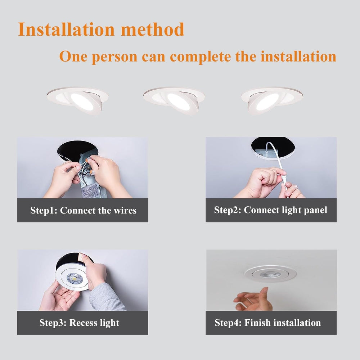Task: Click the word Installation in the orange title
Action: coord(67,29)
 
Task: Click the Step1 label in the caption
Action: coord(43,210)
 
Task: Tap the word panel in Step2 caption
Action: coord(314,210)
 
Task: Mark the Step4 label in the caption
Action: coord(228,323)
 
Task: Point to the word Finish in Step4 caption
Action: coord(257,323)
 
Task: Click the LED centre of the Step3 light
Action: coord(73,278)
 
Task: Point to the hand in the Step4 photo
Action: coord(252,301)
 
